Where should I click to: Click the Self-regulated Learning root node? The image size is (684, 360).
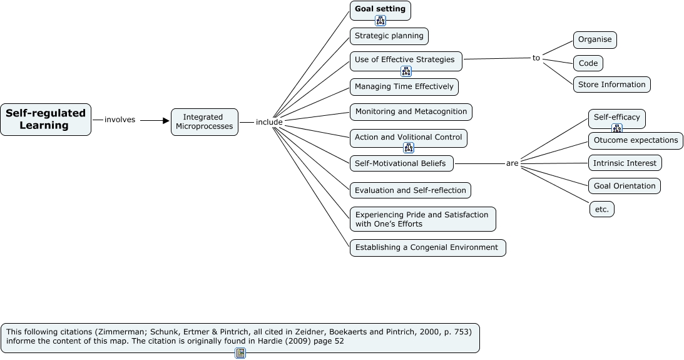pyautogui.click(x=45, y=120)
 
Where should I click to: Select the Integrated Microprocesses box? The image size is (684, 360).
pyautogui.click(x=204, y=121)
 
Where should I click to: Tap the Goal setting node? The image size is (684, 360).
pyautogui.click(x=380, y=9)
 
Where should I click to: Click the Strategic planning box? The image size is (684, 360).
pyautogui.click(x=389, y=36)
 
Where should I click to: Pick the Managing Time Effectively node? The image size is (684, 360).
pyautogui.click(x=404, y=86)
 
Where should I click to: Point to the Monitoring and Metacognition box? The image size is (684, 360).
pyautogui.click(x=411, y=112)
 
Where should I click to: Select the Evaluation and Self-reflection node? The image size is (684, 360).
pyautogui.click(x=410, y=190)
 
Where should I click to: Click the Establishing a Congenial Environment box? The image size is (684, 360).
pyautogui.click(x=427, y=247)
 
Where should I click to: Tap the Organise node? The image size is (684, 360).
pyautogui.click(x=595, y=39)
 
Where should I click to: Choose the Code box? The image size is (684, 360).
pyautogui.click(x=588, y=63)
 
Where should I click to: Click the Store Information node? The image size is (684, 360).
pyautogui.click(x=611, y=85)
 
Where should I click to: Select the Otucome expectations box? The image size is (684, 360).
pyautogui.click(x=635, y=140)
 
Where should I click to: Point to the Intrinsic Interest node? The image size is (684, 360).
pyautogui.click(x=625, y=163)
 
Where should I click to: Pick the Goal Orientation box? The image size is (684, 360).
pyautogui.click(x=624, y=186)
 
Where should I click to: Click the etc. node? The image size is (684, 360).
pyautogui.click(x=601, y=209)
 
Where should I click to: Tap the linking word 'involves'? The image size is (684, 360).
pyautogui.click(x=120, y=120)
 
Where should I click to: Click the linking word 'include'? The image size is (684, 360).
pyautogui.click(x=269, y=122)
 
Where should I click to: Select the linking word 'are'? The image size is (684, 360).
pyautogui.click(x=512, y=163)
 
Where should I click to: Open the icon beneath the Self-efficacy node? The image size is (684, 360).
pyautogui.click(x=617, y=129)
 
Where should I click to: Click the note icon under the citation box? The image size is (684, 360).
pyautogui.click(x=240, y=354)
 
